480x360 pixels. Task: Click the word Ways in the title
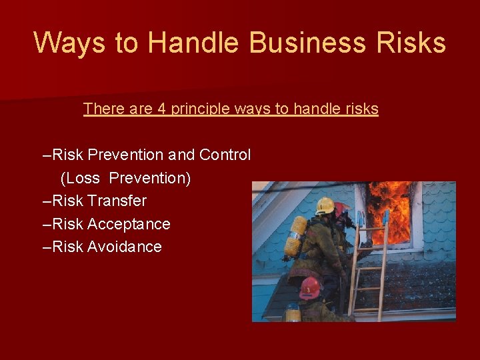click(x=68, y=43)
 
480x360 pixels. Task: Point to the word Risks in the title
click(x=411, y=43)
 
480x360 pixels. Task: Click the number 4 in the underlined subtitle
click(x=161, y=109)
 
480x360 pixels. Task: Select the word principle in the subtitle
click(x=201, y=109)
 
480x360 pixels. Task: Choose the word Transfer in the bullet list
click(x=117, y=201)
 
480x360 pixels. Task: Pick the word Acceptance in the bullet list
click(x=129, y=224)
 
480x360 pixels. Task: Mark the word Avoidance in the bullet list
click(x=124, y=247)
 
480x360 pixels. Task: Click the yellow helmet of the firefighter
click(x=325, y=205)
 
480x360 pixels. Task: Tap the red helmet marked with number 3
click(x=309, y=287)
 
